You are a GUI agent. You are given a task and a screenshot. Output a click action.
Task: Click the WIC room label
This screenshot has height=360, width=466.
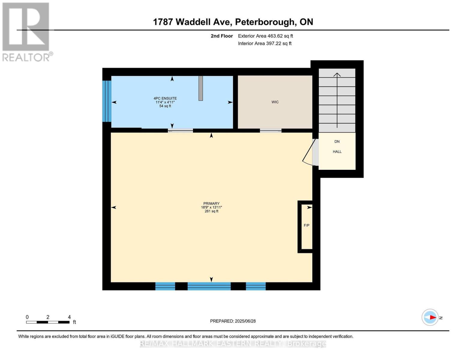(x=275, y=102)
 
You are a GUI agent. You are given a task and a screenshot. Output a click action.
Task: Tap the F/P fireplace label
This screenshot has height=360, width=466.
(x=306, y=225)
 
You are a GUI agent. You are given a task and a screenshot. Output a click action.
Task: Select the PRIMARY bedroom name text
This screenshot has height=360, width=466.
(x=211, y=203)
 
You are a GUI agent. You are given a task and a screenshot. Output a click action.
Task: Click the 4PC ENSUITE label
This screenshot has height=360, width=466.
(x=165, y=98)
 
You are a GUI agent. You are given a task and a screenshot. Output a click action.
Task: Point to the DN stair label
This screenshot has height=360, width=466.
(x=337, y=142)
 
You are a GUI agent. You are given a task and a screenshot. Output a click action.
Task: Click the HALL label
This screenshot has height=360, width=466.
(x=337, y=152)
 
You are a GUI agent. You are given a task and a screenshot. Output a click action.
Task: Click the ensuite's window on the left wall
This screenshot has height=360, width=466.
(x=107, y=101)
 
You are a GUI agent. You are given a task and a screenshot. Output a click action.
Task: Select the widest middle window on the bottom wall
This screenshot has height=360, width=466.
(x=209, y=286)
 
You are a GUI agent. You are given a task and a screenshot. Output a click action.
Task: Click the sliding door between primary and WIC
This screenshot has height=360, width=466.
(x=270, y=130)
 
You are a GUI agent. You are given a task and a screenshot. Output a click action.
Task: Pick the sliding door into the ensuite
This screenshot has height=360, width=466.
(x=180, y=130)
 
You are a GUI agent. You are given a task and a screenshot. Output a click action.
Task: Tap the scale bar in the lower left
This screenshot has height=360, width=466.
(x=48, y=322)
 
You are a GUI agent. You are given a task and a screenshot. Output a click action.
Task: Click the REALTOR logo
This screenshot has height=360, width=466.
(x=26, y=32)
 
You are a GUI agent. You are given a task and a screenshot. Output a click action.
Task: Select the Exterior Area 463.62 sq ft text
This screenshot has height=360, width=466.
(x=265, y=36)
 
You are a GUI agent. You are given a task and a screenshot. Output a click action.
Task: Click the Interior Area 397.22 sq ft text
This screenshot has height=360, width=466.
(x=265, y=43)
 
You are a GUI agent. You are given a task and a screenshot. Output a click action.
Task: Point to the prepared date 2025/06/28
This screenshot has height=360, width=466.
(x=233, y=321)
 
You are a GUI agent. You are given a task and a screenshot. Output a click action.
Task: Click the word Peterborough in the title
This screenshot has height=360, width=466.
(x=264, y=22)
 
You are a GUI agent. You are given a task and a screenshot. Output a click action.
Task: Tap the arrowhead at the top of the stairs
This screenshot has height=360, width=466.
(x=337, y=75)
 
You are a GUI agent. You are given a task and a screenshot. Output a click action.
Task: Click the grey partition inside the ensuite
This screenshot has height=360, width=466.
(x=200, y=88)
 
